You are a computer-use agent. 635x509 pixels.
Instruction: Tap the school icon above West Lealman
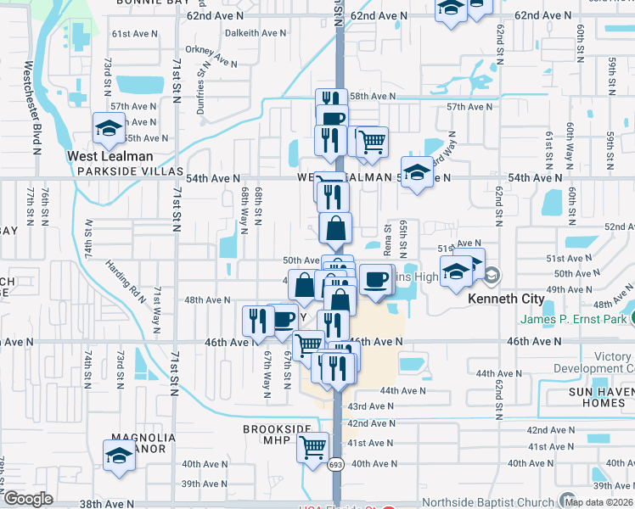click(109, 128)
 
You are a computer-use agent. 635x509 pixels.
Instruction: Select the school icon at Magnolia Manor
click(119, 455)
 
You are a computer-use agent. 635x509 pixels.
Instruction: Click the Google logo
click(28, 499)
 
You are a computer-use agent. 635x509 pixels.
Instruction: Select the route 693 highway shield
click(337, 464)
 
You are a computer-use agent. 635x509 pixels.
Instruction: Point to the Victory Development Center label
click(593, 363)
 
